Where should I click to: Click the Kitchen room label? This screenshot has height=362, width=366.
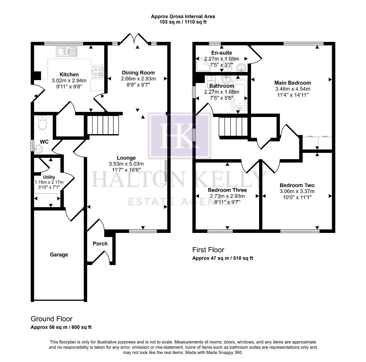(69, 74)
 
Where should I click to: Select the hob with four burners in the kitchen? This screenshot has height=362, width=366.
(97, 72)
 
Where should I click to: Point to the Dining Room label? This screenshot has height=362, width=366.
(138, 73)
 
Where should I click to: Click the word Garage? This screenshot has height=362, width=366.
(59, 255)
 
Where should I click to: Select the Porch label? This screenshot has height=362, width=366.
(100, 244)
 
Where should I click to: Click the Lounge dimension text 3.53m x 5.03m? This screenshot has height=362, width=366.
(126, 164)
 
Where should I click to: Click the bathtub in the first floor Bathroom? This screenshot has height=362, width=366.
(239, 95)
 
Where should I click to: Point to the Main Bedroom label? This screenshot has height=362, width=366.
(292, 83)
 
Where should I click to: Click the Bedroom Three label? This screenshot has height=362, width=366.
(227, 190)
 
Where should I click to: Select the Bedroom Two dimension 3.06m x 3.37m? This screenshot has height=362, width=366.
(297, 191)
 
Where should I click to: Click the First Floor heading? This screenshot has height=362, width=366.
(208, 250)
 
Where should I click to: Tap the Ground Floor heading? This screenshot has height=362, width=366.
(51, 319)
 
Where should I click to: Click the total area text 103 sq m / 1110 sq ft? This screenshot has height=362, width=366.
(183, 22)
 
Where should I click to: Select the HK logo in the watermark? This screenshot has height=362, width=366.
(179, 135)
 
